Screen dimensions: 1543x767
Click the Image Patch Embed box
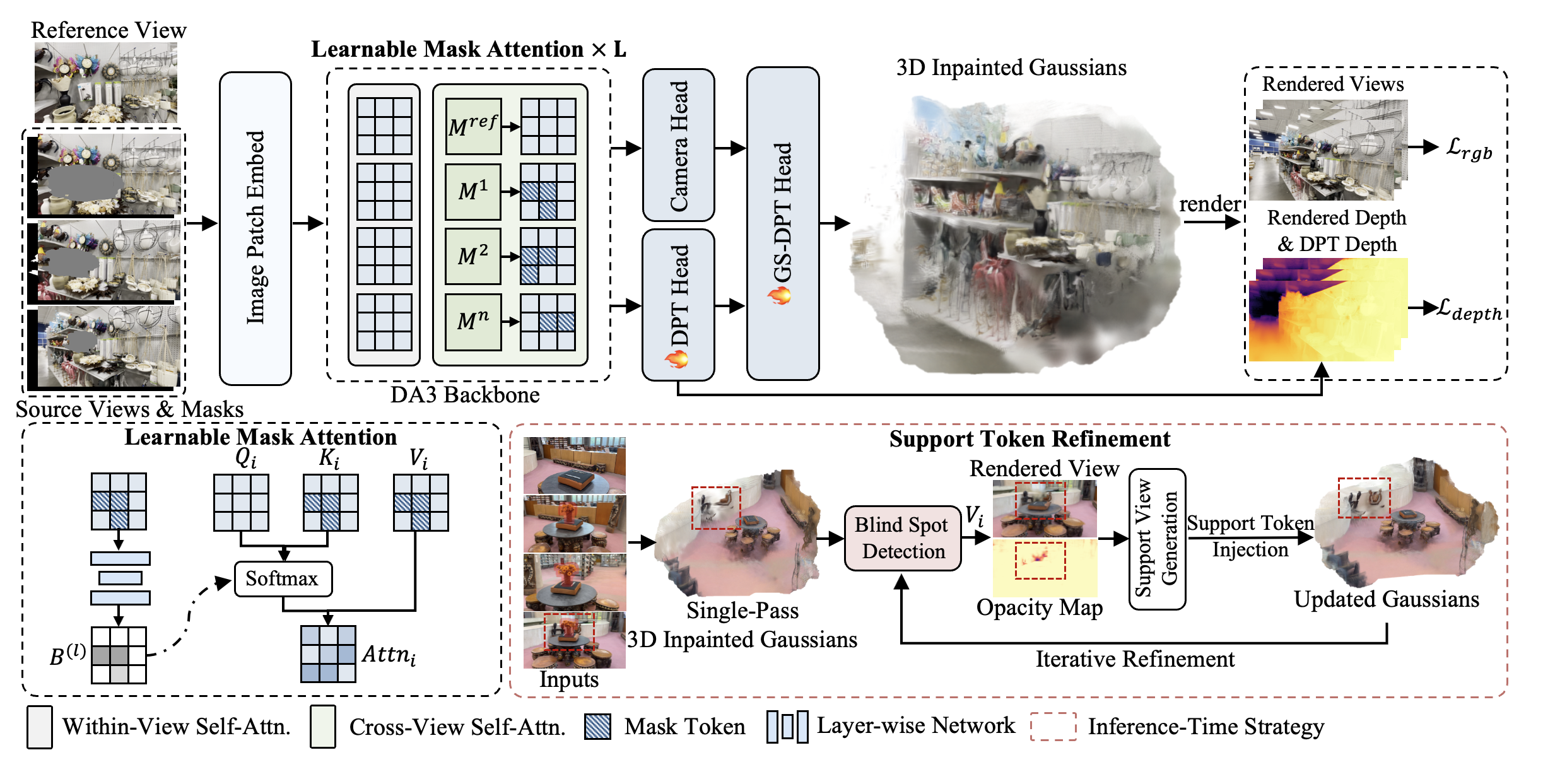point(255,228)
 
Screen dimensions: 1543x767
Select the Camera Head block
point(678,145)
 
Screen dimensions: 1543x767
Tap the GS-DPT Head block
point(783,223)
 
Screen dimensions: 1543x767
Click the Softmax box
point(283,578)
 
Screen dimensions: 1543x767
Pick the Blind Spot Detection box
point(903,537)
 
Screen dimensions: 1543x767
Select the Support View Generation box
point(1157,539)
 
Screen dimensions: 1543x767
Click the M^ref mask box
point(473,126)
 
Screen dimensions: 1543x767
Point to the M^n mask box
point(473,322)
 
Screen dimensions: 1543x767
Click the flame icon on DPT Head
point(677,360)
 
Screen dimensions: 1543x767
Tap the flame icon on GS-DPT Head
point(780,295)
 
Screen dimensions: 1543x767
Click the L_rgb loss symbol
point(1469,149)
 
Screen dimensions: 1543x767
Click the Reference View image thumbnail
point(105,83)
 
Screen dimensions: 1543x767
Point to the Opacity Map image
point(1045,568)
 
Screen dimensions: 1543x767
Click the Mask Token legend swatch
point(597,727)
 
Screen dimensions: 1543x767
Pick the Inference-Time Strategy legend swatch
point(1053,727)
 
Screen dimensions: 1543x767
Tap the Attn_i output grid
point(328,654)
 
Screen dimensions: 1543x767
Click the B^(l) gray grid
point(119,655)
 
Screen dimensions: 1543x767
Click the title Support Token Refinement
point(1030,439)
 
